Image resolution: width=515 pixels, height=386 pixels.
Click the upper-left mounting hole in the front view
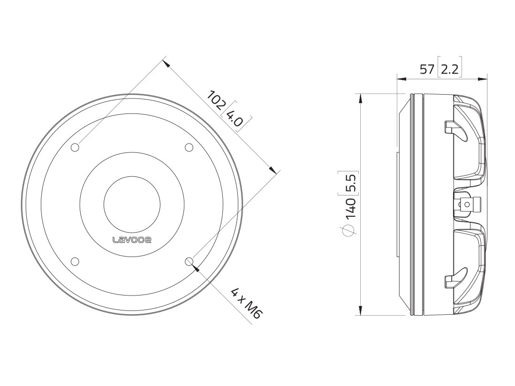(x=75, y=148)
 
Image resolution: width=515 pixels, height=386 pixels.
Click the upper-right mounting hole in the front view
(x=189, y=148)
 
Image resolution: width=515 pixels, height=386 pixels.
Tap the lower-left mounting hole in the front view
(x=75, y=262)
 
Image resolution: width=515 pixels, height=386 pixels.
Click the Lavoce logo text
(x=132, y=240)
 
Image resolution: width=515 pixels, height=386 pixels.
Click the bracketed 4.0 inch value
(x=235, y=117)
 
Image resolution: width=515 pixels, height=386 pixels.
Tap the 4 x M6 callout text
(x=245, y=304)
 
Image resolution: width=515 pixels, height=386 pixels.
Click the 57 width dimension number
(x=426, y=70)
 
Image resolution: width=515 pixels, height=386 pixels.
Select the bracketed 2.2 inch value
(x=449, y=70)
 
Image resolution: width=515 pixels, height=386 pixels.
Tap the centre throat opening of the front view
(x=132, y=204)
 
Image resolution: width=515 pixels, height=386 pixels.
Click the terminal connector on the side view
(x=469, y=204)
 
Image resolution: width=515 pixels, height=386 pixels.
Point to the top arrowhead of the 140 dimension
(x=360, y=98)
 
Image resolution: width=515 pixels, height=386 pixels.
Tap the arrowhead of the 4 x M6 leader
(x=196, y=268)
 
